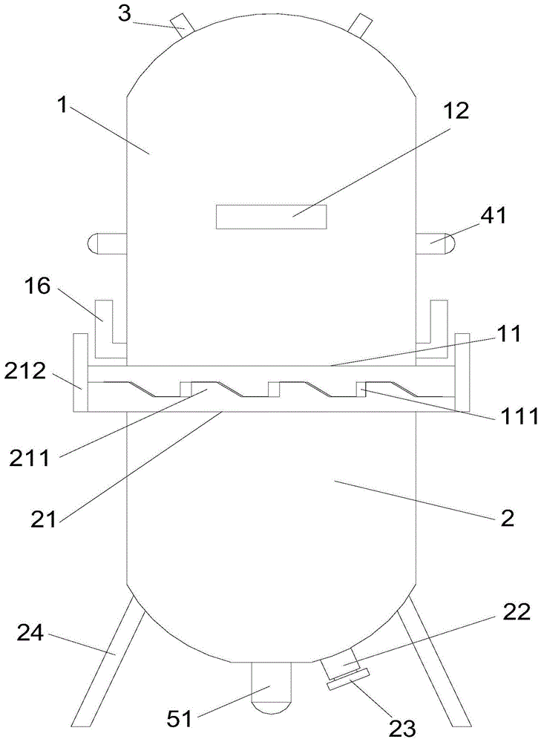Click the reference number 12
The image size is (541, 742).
457,111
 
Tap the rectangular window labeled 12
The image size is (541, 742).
271,217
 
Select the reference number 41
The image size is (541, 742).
493,216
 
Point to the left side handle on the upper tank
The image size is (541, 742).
107,243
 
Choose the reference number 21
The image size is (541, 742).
44,516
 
